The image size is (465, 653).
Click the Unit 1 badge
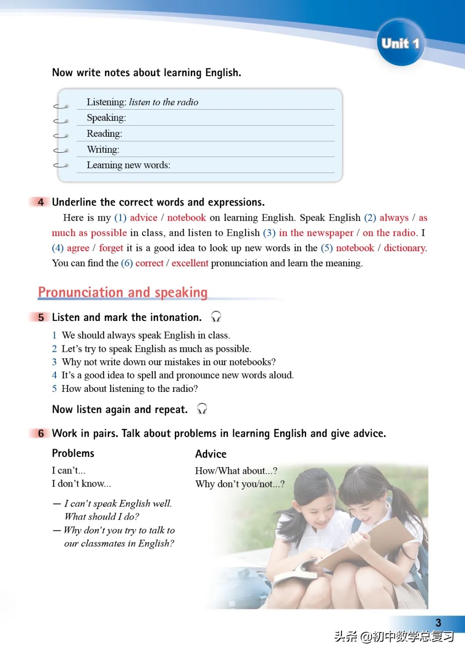400,43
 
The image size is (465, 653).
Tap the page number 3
438,623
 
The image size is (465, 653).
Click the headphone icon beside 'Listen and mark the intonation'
216,317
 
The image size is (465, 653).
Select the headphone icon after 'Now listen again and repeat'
202,409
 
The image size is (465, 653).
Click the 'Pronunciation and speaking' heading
123,293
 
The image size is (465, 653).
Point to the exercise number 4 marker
41,202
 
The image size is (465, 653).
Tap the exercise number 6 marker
41,433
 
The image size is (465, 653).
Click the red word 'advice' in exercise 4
143,218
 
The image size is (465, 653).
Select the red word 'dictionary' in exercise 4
404,248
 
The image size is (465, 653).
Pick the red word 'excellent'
190,263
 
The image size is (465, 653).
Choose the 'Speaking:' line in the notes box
106,118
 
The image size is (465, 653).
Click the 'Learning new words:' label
128,165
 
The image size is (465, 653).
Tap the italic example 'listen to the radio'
164,102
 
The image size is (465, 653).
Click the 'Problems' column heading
73,453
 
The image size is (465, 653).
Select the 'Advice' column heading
211,454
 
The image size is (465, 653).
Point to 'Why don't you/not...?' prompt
240,484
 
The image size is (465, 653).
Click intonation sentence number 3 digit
54,362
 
